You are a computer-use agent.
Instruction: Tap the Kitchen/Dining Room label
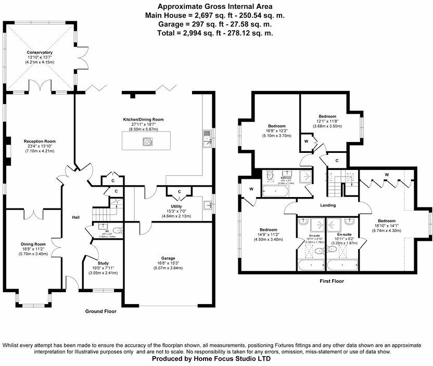143,120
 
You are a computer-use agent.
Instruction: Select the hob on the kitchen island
148,141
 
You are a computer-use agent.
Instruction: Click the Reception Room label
40,141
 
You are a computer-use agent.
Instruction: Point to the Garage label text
168,258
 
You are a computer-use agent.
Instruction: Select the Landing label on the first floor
328,205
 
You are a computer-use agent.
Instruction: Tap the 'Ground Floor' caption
100,311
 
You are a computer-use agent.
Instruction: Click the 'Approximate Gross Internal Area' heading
216,7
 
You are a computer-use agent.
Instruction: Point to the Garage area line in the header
216,24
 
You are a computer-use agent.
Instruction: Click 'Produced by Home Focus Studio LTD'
216,359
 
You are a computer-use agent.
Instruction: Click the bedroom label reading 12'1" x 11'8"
327,116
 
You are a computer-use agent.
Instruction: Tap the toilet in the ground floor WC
117,230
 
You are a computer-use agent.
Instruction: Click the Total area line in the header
216,33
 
